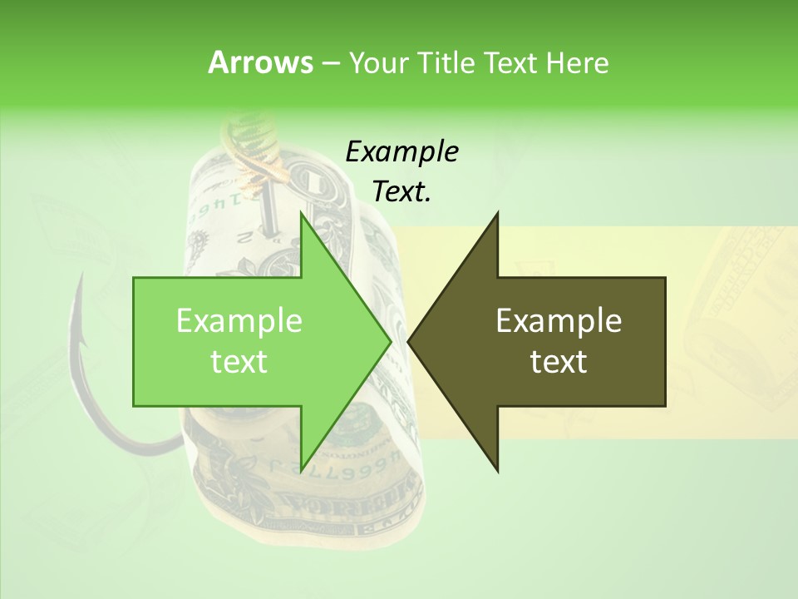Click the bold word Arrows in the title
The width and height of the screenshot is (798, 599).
pos(259,62)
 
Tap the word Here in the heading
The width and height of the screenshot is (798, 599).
pos(577,62)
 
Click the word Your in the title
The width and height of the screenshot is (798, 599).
pos(378,62)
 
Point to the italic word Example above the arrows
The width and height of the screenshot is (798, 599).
pos(401,151)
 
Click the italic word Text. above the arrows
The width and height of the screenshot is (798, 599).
pos(401,192)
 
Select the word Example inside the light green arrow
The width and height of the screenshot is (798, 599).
pos(239,321)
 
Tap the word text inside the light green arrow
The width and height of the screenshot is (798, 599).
pos(239,362)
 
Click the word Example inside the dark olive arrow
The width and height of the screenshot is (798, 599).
pos(559,321)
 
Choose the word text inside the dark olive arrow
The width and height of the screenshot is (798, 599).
pos(559,362)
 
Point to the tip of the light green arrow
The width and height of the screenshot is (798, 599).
pos(389,341)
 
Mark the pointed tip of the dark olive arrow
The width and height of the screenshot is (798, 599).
pos(410,341)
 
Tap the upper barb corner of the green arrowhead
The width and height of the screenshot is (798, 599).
pos(301,213)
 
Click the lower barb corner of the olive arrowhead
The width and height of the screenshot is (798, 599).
pos(497,471)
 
